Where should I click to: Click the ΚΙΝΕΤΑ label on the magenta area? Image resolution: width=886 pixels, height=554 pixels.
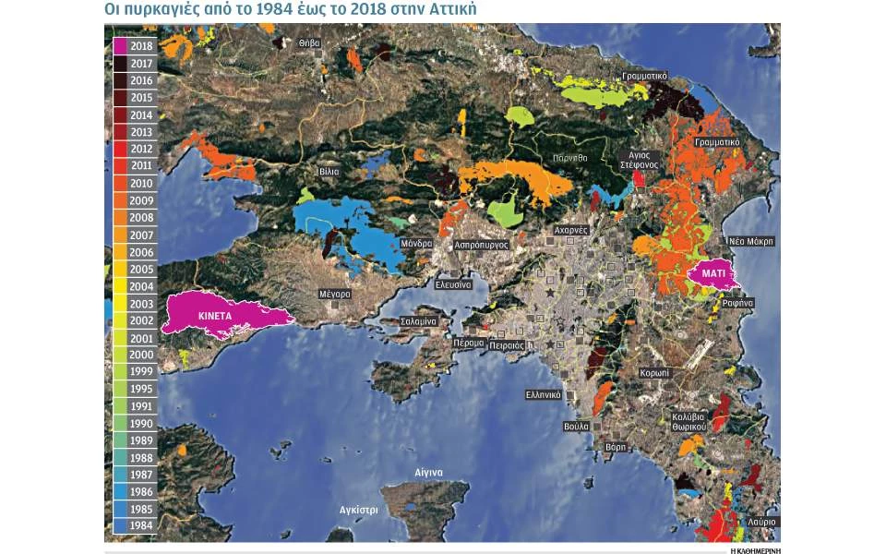point(213,315)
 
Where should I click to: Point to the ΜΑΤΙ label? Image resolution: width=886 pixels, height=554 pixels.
point(712,273)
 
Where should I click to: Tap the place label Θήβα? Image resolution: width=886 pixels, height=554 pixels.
point(310,42)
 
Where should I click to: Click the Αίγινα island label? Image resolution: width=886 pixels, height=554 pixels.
point(429,473)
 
